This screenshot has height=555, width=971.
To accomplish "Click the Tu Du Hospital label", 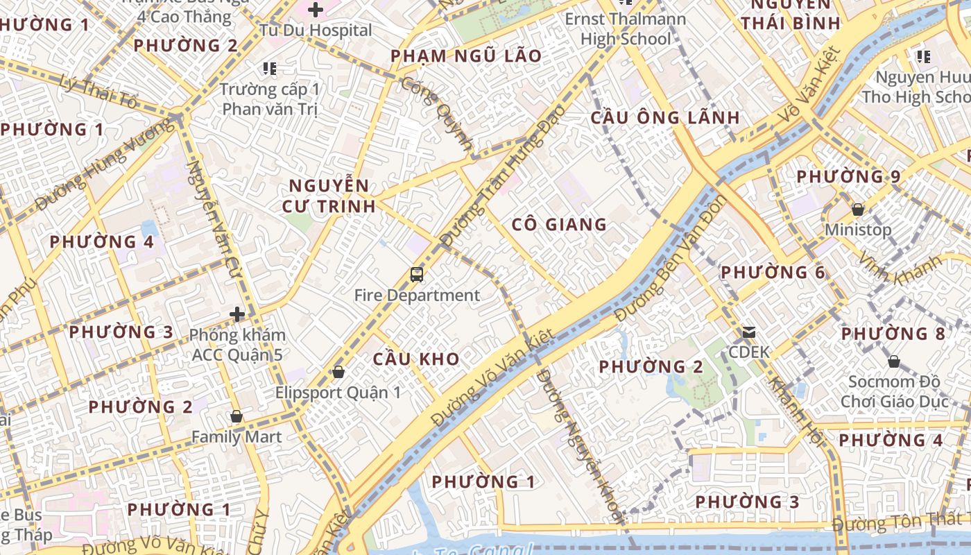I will [316, 31].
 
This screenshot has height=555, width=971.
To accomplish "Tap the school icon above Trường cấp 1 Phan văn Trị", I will [270, 68].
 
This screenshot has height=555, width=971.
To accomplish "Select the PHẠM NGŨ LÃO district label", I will [466, 56].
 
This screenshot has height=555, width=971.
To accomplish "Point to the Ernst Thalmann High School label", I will [626, 29].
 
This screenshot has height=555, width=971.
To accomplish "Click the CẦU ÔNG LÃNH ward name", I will [665, 117].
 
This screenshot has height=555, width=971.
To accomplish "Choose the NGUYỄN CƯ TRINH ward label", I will [329, 196].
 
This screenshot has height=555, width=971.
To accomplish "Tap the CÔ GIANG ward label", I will [559, 224].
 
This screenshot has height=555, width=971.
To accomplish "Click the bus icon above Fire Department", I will [417, 275].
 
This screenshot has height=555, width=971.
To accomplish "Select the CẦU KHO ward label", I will [416, 359].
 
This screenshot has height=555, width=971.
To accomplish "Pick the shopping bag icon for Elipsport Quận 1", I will [338, 372].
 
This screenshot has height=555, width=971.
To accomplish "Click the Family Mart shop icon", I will [237, 416].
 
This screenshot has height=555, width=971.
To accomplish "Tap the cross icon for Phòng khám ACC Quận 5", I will [237, 314].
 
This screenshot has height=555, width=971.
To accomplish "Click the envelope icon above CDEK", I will [749, 332].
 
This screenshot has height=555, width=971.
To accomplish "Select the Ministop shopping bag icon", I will [858, 209].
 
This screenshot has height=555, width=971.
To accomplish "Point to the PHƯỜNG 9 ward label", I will [848, 177].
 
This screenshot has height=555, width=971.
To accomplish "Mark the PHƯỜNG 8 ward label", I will [893, 334].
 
